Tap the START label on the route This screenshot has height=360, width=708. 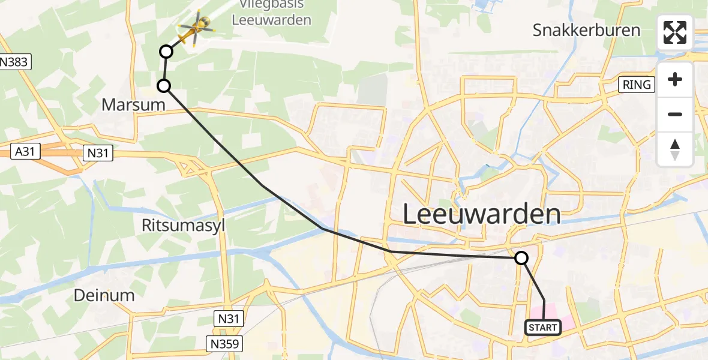pyautogui.click(x=543, y=328)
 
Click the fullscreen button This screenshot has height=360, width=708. pyautogui.click(x=675, y=32)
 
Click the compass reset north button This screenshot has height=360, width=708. pyautogui.click(x=675, y=149)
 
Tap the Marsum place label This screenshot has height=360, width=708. pyautogui.click(x=133, y=105)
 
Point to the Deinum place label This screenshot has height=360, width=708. pyautogui.click(x=104, y=295)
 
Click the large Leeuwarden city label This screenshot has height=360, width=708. pyautogui.click(x=482, y=214)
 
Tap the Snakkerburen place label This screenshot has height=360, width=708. pyautogui.click(x=586, y=30)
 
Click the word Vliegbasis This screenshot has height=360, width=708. pyautogui.click(x=271, y=4)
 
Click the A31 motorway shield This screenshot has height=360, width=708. pyautogui.click(x=25, y=153)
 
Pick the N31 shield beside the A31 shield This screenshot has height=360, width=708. pyautogui.click(x=97, y=154)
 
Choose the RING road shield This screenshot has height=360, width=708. pyautogui.click(x=637, y=85)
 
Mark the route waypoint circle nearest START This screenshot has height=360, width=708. pyautogui.click(x=521, y=258)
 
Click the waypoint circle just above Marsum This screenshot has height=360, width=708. pyautogui.click(x=164, y=86)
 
